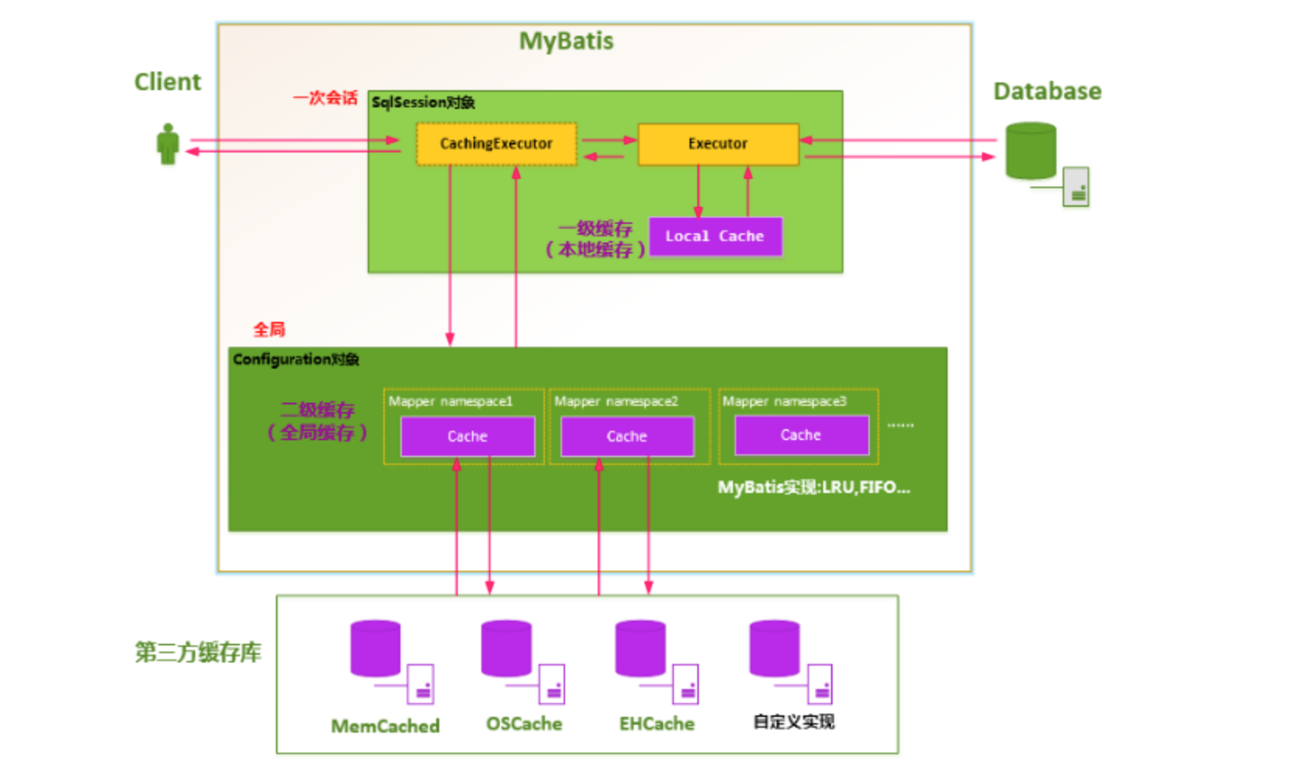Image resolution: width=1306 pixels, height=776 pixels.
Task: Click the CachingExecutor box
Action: [x=496, y=144]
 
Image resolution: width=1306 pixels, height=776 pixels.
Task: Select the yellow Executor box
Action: [x=718, y=144]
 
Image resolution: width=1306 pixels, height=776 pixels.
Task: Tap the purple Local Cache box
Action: [x=715, y=236]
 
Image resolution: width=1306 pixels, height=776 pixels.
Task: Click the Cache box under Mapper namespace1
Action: [x=467, y=436]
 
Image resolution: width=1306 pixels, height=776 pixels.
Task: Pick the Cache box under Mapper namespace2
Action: [x=627, y=436]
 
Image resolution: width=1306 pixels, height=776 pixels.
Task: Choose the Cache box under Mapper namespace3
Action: [x=801, y=435]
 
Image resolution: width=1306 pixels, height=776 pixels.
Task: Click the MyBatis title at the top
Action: [x=566, y=41]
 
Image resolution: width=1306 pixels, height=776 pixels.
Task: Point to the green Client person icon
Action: [x=168, y=145]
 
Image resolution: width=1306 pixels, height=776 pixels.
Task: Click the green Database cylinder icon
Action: [x=1031, y=151]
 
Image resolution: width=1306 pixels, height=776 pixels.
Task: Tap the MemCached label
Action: [x=386, y=726]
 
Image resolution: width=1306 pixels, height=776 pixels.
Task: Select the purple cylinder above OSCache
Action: [x=506, y=648]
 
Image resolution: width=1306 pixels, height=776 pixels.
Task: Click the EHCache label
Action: [x=657, y=724]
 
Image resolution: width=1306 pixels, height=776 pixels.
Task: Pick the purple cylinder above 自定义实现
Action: [x=774, y=648]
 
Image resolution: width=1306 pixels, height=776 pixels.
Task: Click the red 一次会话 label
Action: [x=325, y=98]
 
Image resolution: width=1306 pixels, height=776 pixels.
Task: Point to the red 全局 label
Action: [x=269, y=330]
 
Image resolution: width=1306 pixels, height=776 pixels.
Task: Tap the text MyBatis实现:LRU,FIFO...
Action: [x=813, y=488]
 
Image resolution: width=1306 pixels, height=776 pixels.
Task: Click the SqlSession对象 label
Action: [x=423, y=103]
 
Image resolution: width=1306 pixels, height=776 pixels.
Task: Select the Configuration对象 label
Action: [x=295, y=359]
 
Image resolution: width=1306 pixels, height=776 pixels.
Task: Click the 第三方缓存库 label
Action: [x=198, y=652]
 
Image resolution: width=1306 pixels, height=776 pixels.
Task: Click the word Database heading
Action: [x=1047, y=92]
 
